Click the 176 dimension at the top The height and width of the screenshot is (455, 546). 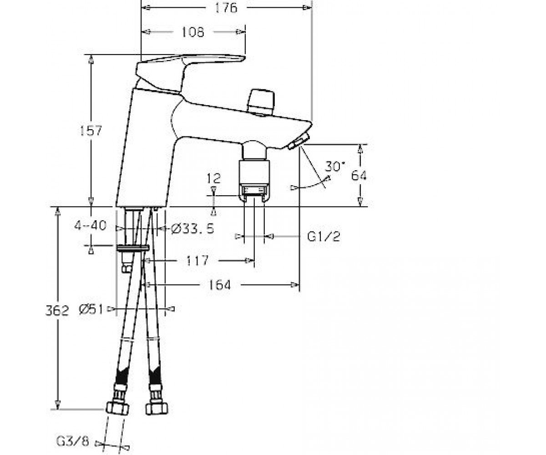[226, 8]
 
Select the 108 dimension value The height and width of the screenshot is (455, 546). [193, 32]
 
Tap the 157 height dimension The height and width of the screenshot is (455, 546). [91, 131]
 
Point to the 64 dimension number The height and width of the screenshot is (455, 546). [359, 176]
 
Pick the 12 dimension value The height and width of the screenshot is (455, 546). [214, 178]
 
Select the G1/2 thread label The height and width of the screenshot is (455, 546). [324, 237]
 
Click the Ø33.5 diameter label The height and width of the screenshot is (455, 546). [193, 228]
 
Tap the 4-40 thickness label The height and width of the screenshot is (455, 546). [91, 225]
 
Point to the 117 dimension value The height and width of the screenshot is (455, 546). [197, 260]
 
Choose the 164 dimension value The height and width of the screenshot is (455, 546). [219, 285]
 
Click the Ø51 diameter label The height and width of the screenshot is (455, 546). [91, 309]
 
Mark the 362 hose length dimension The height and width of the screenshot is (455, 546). [57, 311]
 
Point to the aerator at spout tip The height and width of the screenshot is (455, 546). [299, 142]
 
